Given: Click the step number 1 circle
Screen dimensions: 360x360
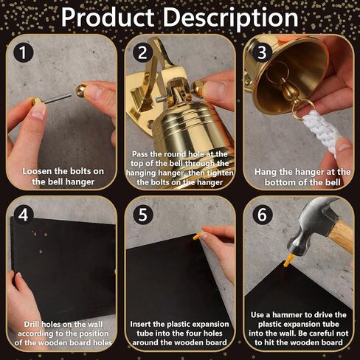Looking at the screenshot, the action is [x=24, y=52].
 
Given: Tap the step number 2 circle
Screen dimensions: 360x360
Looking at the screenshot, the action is [x=143, y=52].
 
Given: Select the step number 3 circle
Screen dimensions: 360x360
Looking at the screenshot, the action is [x=262, y=52].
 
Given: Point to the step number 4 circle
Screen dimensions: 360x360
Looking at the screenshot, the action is [x=24, y=215].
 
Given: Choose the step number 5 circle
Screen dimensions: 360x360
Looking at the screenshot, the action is [x=143, y=215].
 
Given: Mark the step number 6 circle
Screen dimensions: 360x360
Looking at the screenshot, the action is [x=262, y=215].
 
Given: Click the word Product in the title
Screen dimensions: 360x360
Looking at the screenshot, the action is [x=108, y=17].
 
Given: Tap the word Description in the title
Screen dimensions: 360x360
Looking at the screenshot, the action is [x=230, y=18].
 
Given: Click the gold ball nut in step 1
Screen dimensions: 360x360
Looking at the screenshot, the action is [x=81, y=91].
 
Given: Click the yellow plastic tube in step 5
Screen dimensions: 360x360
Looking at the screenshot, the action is [x=198, y=235].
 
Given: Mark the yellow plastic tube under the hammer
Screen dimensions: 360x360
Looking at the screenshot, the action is [x=289, y=260].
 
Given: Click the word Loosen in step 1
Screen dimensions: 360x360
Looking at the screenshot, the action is [x=38, y=171].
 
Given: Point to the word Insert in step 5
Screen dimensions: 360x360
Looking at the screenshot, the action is [x=140, y=324].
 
